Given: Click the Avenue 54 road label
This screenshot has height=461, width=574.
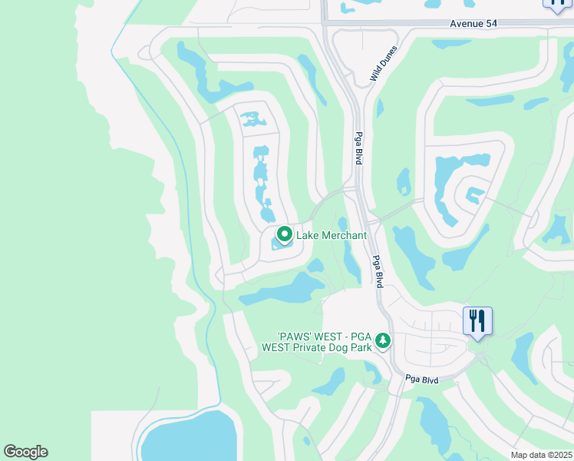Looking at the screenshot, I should coord(473,25).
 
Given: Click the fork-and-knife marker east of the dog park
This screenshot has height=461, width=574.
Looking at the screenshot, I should coord(477,320).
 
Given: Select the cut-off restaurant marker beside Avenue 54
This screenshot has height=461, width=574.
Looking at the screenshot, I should coord(556,5).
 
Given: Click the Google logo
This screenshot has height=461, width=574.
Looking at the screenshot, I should coord(25,452).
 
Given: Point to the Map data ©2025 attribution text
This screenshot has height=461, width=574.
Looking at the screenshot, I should coord(541,455).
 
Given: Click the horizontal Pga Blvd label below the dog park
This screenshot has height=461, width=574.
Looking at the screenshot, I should coord(423,380).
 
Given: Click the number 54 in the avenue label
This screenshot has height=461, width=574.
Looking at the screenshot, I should coord(490,25).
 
